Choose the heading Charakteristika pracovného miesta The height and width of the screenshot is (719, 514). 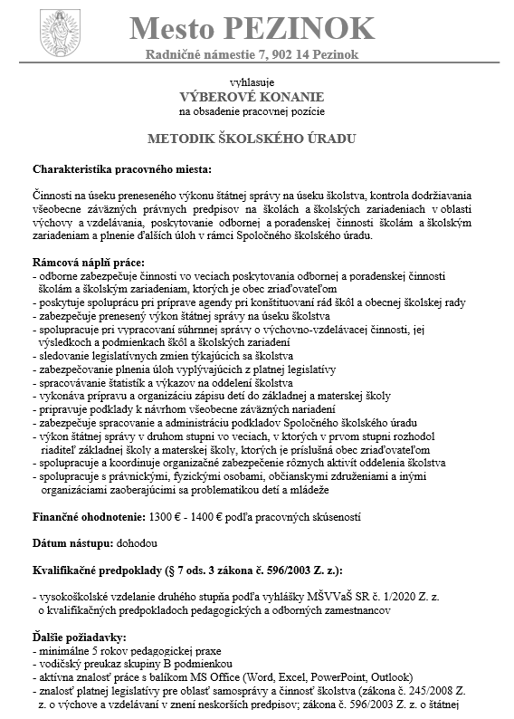[x=120, y=169]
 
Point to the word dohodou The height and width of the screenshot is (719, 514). [x=137, y=544]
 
